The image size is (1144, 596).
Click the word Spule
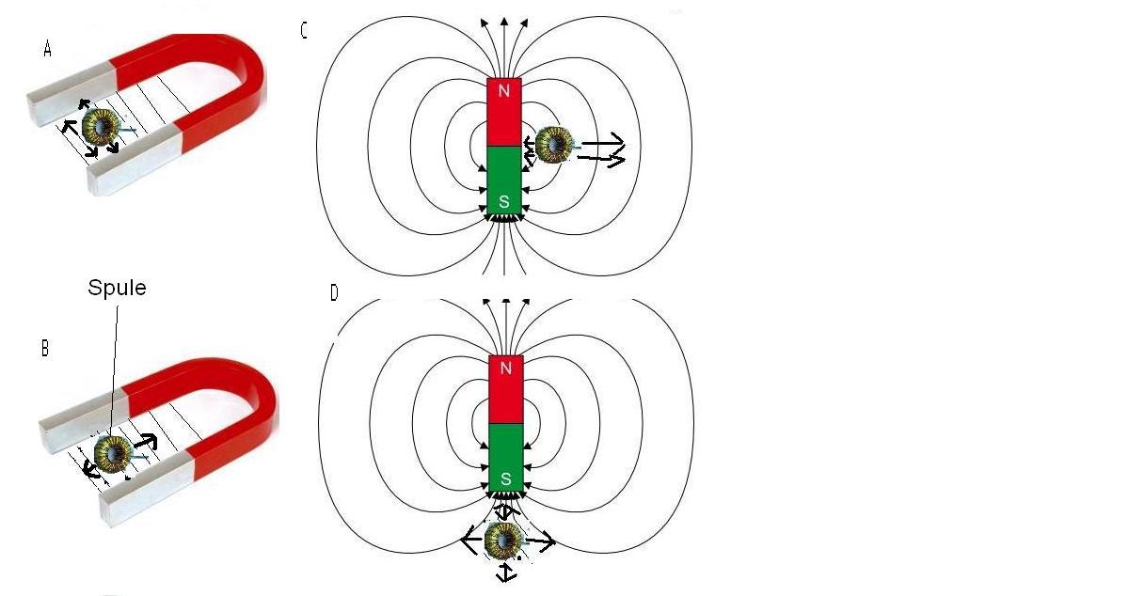pos(117,288)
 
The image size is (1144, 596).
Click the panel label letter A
pos(47,50)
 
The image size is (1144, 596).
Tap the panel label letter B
pos(45,349)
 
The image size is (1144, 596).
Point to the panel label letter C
pos(303,31)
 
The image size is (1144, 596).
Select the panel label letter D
pos(334,293)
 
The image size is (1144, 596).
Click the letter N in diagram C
pos(503,91)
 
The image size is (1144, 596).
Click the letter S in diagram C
pos(503,201)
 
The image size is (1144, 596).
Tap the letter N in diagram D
pos(505,368)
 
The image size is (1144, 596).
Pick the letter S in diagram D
pos(505,478)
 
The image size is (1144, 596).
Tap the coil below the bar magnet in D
pos(503,541)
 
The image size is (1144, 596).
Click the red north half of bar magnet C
pos(503,112)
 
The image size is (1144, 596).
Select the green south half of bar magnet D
pos(505,458)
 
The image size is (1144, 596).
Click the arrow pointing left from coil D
pos(473,540)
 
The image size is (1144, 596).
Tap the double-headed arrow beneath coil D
pos(506,573)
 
